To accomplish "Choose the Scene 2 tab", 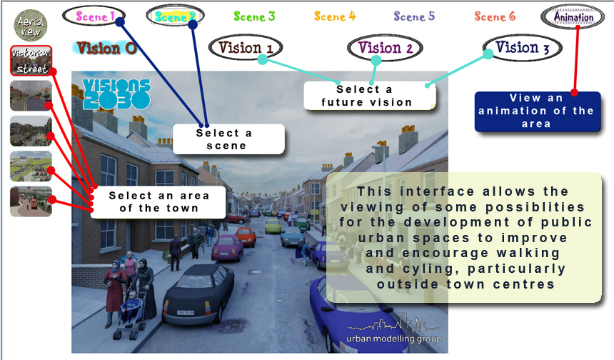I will click(174, 16).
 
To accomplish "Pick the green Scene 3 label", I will click(254, 16).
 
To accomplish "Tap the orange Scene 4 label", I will click(335, 16).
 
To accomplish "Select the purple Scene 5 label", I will click(414, 16).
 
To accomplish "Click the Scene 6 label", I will click(495, 16).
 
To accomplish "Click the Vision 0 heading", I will click(106, 49).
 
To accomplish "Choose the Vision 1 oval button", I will click(246, 49).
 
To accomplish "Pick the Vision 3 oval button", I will click(522, 49).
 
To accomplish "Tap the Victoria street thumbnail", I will click(31, 61).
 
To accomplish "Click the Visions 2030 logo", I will click(116, 94).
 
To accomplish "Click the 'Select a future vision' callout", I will click(370, 96).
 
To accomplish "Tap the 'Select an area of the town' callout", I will click(158, 201).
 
